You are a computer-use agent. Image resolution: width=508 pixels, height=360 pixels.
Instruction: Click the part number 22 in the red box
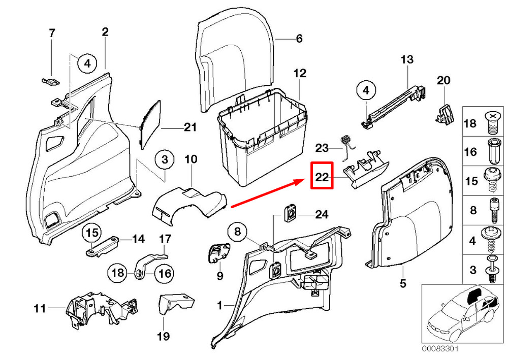(322, 177)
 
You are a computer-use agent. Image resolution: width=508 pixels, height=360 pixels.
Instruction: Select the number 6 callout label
(299, 39)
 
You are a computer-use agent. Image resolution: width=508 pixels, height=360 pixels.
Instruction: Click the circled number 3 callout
(164, 160)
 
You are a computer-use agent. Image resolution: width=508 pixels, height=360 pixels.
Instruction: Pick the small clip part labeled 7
(49, 80)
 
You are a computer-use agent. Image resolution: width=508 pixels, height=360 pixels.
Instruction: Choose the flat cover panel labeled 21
(150, 123)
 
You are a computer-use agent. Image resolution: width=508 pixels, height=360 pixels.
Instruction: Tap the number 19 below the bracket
(164, 336)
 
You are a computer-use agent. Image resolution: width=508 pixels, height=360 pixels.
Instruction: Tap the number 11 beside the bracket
(40, 308)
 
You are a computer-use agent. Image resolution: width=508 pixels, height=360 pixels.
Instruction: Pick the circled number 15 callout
(91, 233)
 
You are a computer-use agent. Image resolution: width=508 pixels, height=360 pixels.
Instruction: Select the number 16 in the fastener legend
(470, 152)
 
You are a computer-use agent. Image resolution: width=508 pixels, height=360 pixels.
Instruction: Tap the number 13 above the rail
(407, 60)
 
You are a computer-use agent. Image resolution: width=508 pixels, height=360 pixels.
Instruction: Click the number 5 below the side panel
(403, 283)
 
